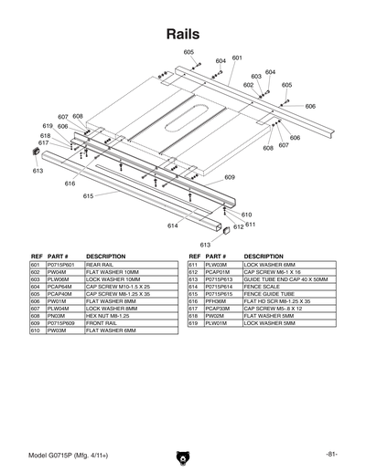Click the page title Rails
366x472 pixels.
point(182,34)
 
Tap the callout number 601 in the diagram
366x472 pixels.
point(237,58)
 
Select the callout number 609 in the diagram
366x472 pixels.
point(230,177)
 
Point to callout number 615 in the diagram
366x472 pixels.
point(89,196)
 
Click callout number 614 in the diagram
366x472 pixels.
point(172,225)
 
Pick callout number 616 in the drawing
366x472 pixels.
point(70,184)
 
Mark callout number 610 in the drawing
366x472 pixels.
point(246,215)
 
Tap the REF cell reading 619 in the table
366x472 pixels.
point(193,322)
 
